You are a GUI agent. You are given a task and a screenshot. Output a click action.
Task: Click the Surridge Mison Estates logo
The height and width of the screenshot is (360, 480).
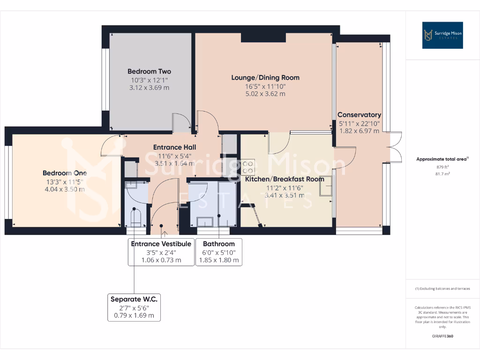[x=442, y=35]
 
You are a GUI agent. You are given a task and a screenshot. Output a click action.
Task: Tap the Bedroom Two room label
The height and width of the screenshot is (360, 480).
[x=149, y=71]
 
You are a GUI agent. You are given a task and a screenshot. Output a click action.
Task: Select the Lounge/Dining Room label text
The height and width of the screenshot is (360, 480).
[x=265, y=77]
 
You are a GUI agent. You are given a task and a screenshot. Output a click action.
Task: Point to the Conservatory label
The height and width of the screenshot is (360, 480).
[x=359, y=115]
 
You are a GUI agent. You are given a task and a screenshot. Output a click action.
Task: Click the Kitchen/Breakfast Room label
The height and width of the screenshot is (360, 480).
[x=285, y=179]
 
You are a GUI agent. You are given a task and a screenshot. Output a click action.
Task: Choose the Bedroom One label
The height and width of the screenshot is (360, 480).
[x=65, y=173]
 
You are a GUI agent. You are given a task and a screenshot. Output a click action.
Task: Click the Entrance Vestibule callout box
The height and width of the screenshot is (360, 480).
[x=161, y=252]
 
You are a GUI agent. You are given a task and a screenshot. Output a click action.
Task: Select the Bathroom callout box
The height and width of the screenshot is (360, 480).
[x=219, y=252]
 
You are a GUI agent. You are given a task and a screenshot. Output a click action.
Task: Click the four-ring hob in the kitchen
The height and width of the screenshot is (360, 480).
[x=248, y=168]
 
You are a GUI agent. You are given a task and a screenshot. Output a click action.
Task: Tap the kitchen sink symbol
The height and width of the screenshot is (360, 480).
[x=325, y=186]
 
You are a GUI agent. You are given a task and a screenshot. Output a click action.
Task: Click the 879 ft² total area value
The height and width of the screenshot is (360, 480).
[x=442, y=166]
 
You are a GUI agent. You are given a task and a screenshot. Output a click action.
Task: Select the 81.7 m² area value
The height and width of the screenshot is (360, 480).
[x=442, y=174]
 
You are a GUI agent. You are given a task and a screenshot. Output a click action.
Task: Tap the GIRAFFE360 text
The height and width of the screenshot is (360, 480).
[x=442, y=336]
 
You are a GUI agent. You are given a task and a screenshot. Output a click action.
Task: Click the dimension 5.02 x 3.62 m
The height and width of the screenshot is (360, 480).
[x=265, y=94]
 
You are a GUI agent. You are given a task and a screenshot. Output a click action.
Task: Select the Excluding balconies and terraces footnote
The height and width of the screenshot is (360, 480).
[x=442, y=289]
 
